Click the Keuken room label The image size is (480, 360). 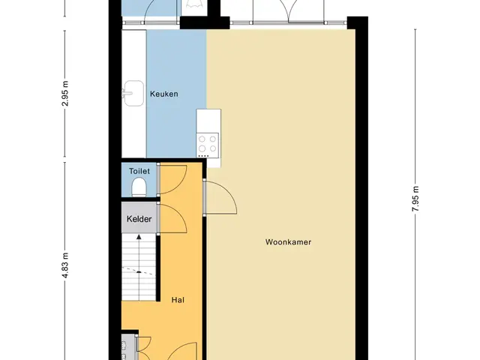[163, 94]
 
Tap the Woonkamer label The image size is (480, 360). [288, 242]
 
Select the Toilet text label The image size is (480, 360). [139, 171]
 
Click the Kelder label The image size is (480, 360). [139, 219]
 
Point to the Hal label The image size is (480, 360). [178, 300]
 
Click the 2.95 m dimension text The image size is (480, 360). [65, 94]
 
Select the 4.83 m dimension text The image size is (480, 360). [65, 265]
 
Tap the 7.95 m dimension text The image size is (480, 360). [415, 199]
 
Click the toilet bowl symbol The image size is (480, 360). [139, 187]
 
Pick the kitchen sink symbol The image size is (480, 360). [133, 93]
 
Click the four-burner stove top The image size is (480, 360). [208, 145]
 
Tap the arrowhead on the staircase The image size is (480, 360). [139, 237]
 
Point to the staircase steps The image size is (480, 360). [139, 267]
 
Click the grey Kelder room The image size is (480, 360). [139, 217]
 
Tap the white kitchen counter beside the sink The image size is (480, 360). [133, 94]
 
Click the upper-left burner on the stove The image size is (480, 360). [202, 139]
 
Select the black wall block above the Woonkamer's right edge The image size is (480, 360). [357, 23]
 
